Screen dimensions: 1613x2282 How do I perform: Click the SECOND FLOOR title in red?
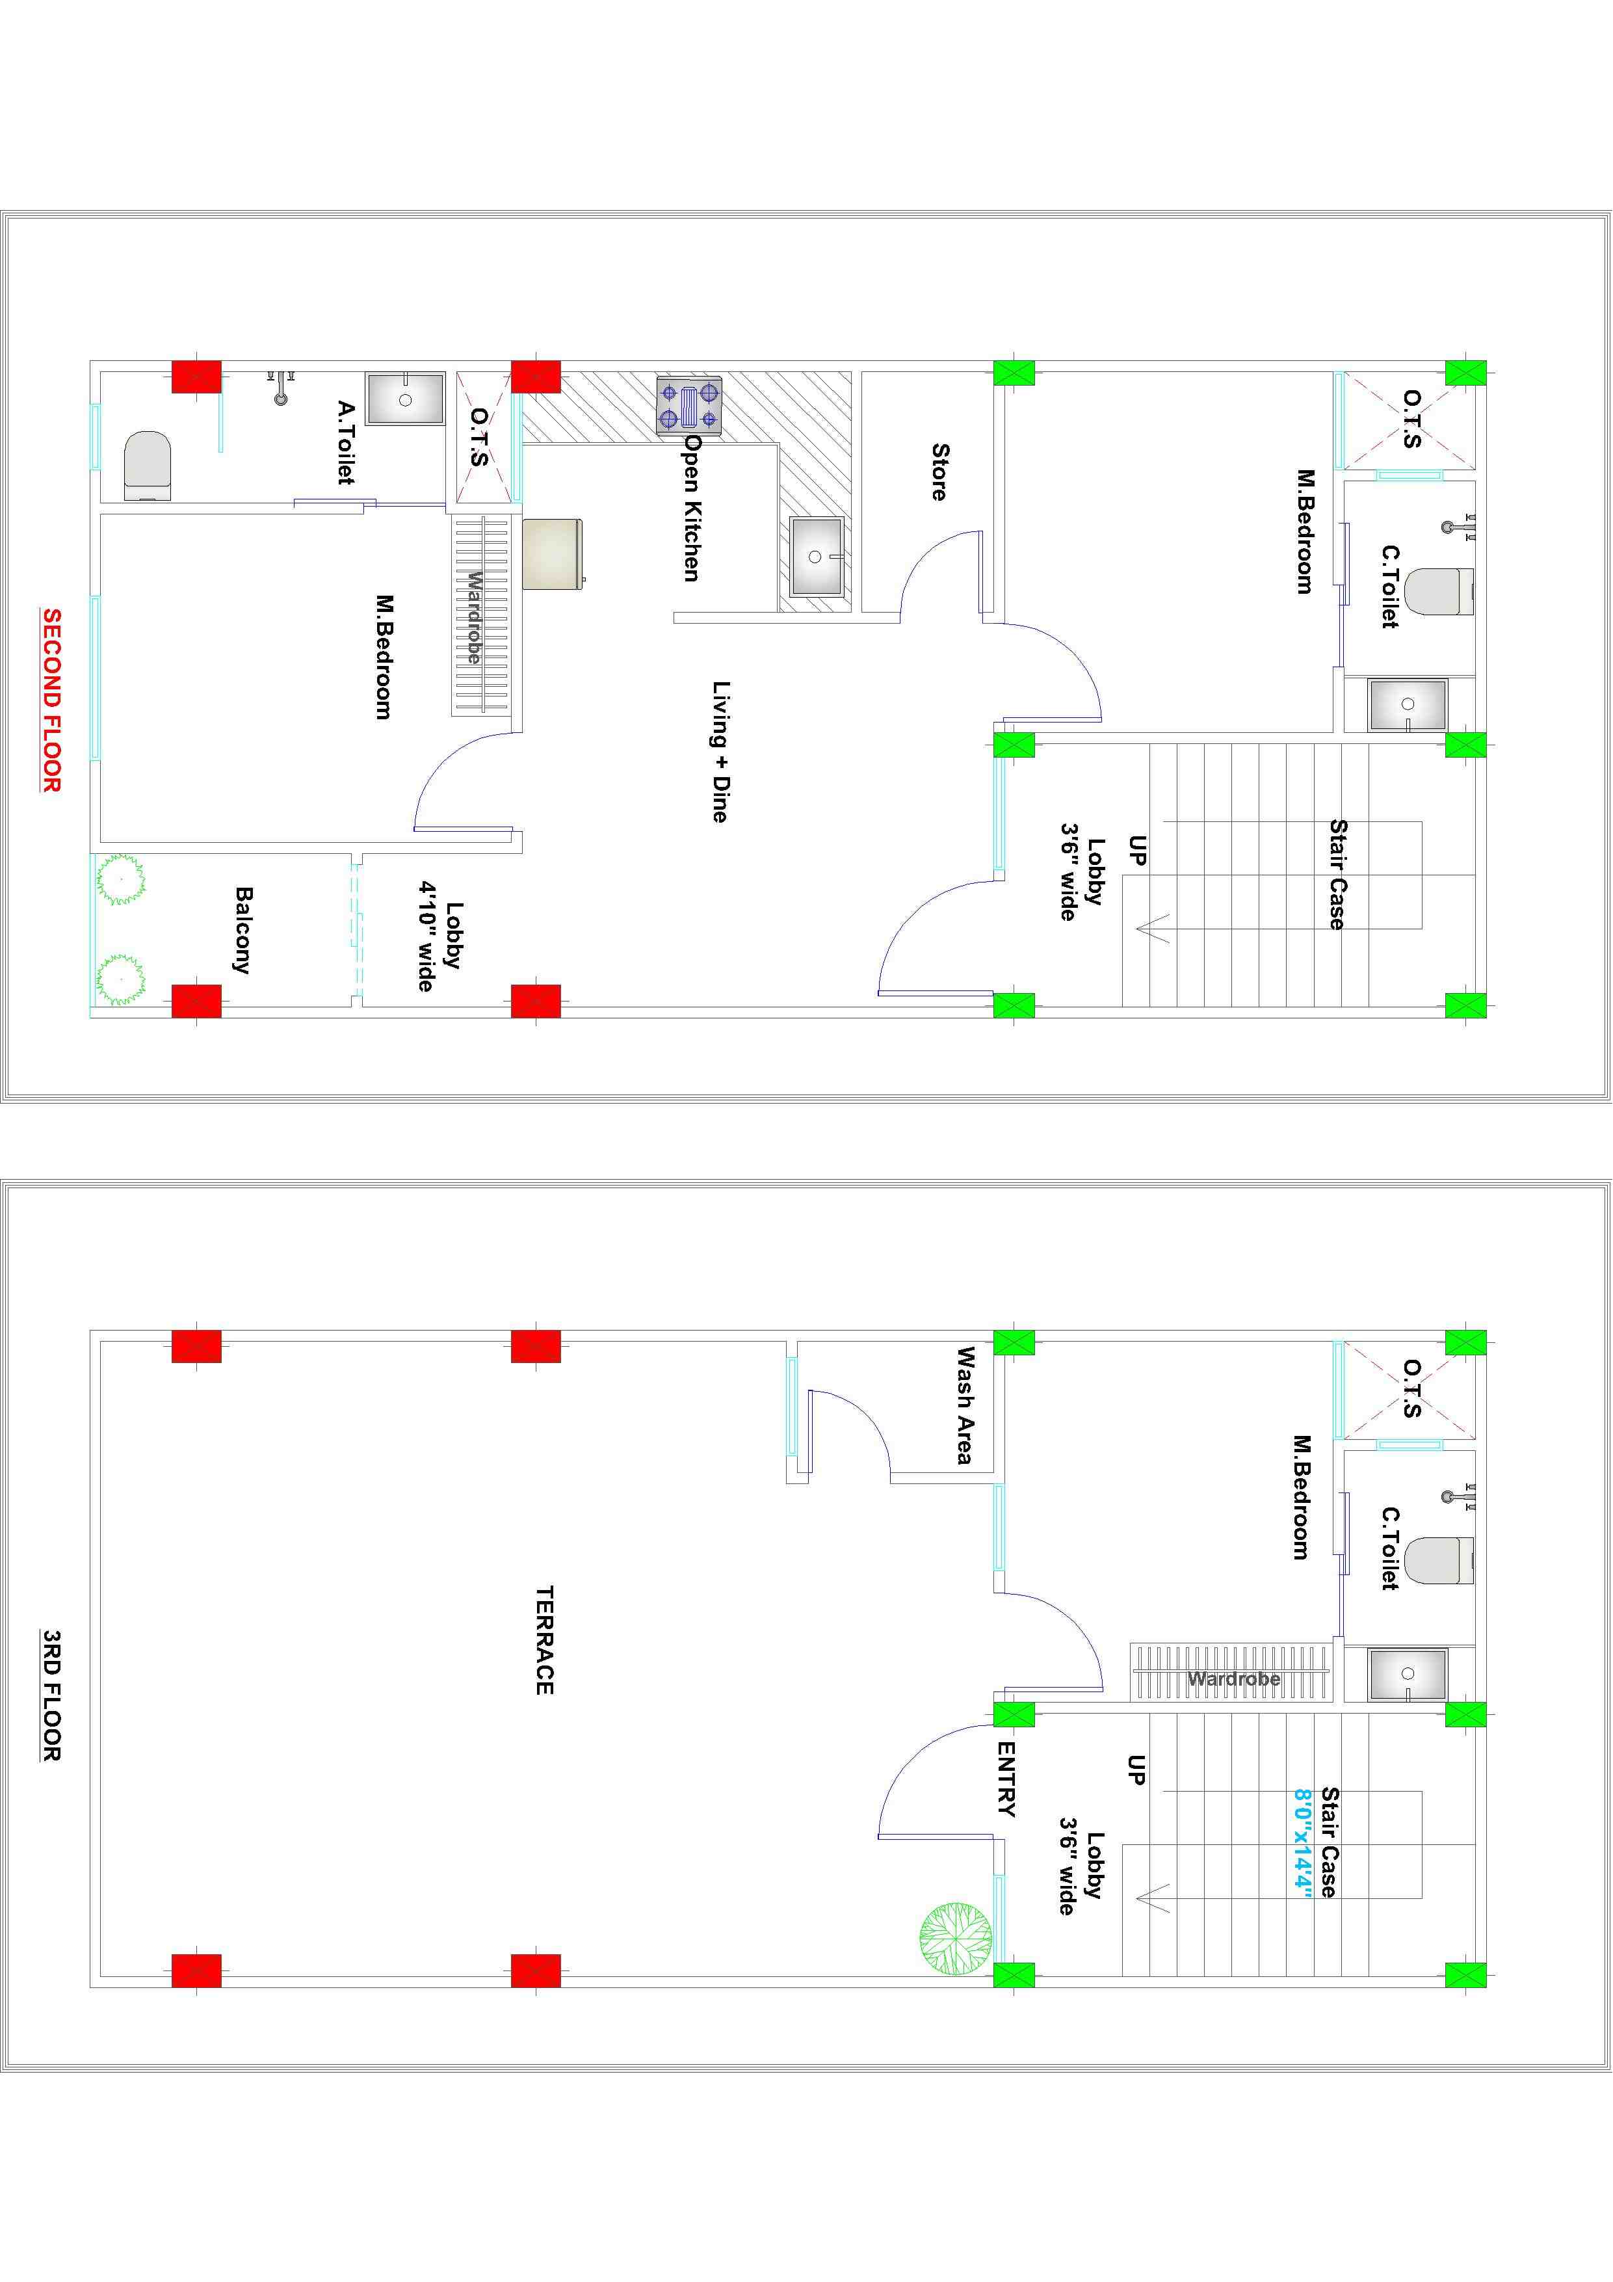pos(51,700)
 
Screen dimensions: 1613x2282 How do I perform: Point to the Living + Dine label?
pos(720,751)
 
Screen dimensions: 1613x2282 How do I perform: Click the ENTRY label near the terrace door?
pos(1006,1778)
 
